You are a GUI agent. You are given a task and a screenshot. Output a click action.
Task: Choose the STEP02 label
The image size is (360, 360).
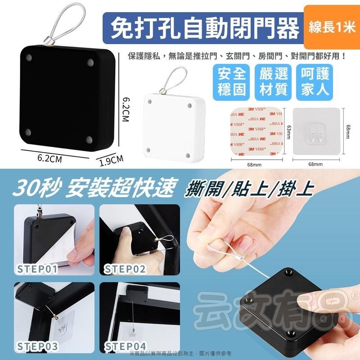(125, 269)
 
